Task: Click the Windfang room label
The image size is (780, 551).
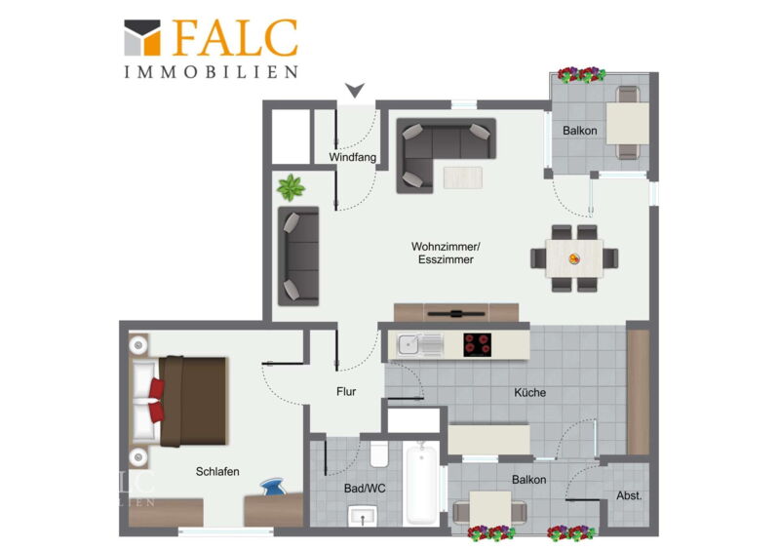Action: click(352, 157)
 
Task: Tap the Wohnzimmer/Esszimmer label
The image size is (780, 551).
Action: click(446, 253)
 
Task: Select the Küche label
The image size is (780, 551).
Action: click(529, 392)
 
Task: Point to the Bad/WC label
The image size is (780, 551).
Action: click(365, 489)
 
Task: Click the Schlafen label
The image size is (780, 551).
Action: click(217, 471)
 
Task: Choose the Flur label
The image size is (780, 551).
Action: click(346, 392)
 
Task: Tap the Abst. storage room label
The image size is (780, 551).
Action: click(629, 495)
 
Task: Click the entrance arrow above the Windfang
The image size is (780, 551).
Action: click(355, 90)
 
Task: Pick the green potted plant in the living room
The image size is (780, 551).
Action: click(291, 187)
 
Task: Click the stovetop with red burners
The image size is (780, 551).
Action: click(477, 345)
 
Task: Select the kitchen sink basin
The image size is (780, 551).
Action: click(409, 344)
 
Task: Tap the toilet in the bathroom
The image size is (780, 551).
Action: click(379, 453)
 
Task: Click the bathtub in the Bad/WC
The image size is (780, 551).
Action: click(421, 483)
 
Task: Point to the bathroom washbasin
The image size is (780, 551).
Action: click(363, 516)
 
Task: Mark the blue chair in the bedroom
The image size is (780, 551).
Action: click(273, 487)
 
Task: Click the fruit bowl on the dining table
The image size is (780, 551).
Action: click(574, 258)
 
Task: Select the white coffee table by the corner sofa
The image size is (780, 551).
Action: click(462, 177)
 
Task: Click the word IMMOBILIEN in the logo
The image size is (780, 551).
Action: click(211, 72)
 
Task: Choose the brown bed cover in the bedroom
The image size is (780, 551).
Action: click(193, 401)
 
